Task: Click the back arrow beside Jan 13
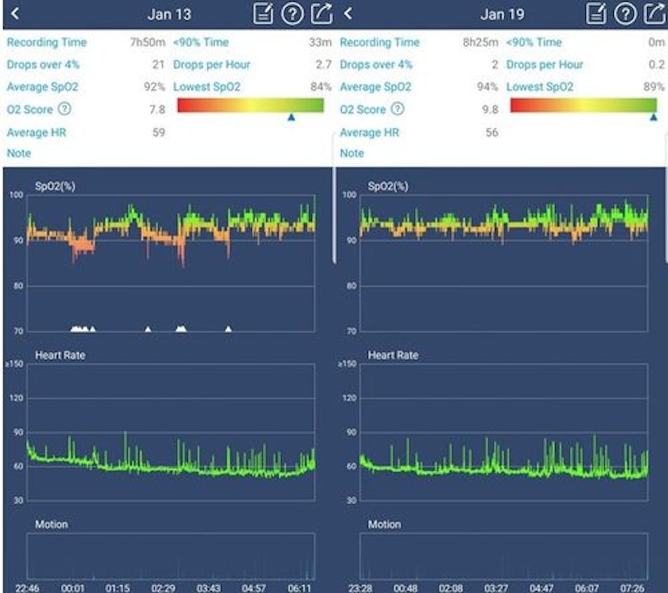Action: click(15, 14)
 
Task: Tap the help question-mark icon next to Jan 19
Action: click(625, 14)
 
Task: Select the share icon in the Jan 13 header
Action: click(321, 14)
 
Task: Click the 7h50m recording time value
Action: click(147, 42)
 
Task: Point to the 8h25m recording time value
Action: click(480, 42)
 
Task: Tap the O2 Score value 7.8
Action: click(157, 110)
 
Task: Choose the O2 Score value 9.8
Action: click(490, 110)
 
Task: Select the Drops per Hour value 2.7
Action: click(324, 65)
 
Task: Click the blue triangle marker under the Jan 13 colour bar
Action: click(292, 117)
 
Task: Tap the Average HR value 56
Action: click(491, 132)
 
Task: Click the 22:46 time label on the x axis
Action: click(27, 587)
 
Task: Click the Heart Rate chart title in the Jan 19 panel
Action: click(393, 356)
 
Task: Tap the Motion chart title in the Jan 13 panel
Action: click(52, 524)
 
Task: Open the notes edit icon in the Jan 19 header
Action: click(596, 14)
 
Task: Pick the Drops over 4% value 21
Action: click(159, 65)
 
